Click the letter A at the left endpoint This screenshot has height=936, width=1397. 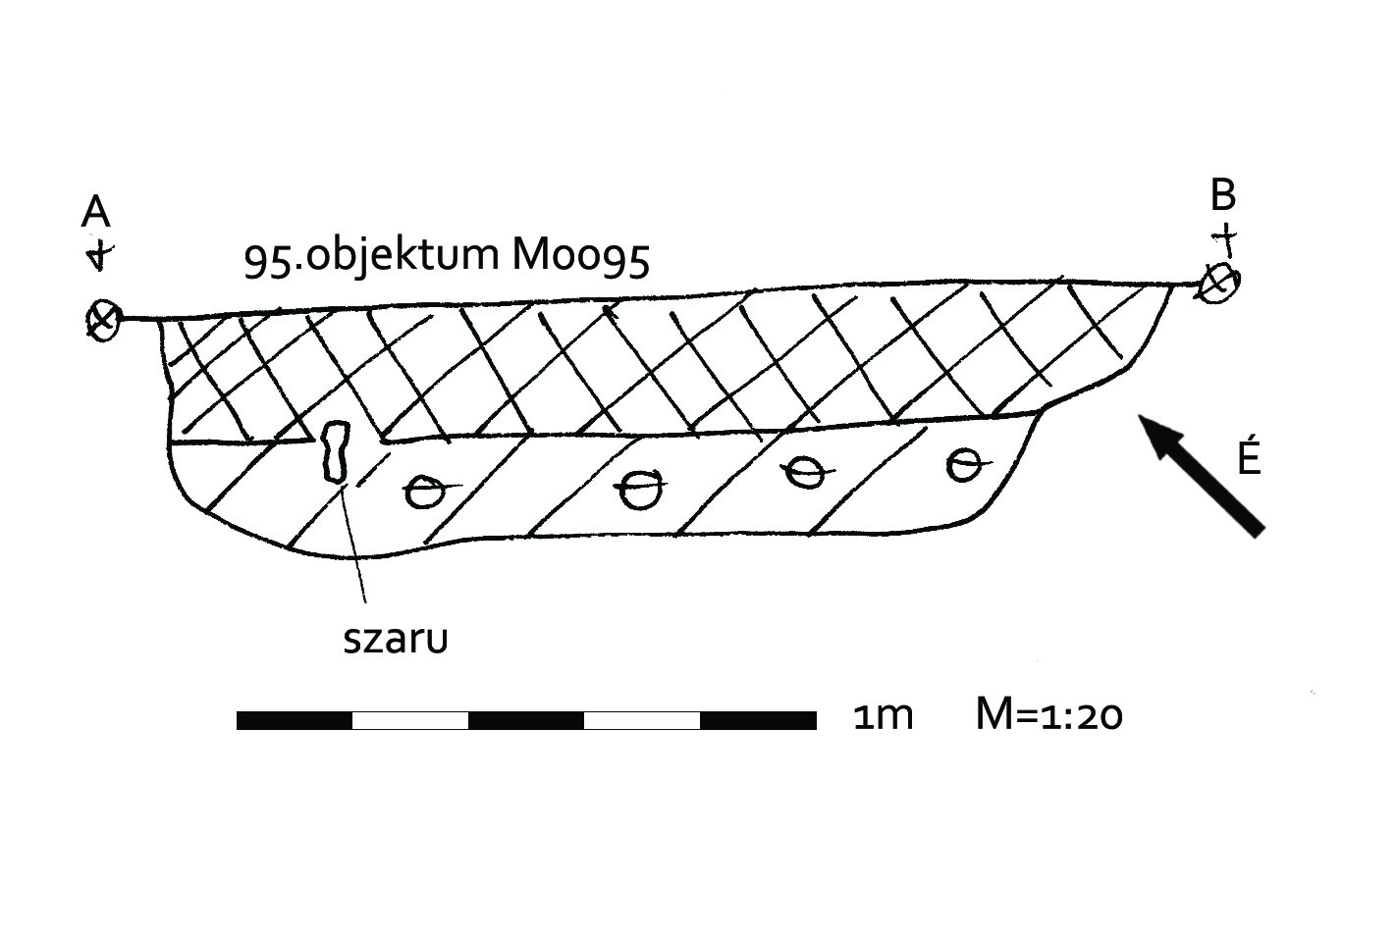(x=95, y=211)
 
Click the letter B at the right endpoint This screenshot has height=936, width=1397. (x=1222, y=195)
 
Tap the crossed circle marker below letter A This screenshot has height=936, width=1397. (x=102, y=320)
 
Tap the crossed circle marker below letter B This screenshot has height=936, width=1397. (x=1218, y=284)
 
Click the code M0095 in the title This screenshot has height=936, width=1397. (x=580, y=256)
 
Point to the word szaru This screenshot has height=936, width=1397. (x=396, y=639)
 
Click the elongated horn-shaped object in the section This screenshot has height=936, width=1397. (x=336, y=451)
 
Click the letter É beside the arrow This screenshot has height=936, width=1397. (x=1248, y=457)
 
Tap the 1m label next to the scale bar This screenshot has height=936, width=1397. (x=883, y=716)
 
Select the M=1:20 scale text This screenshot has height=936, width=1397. (x=1048, y=715)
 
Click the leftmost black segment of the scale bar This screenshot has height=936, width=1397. (x=295, y=721)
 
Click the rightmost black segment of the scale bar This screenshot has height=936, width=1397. (x=758, y=721)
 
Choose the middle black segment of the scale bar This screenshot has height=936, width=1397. (x=526, y=721)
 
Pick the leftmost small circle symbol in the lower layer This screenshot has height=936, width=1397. (x=424, y=492)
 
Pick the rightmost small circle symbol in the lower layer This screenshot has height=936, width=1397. (x=965, y=464)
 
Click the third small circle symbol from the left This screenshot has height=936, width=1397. (x=805, y=473)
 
